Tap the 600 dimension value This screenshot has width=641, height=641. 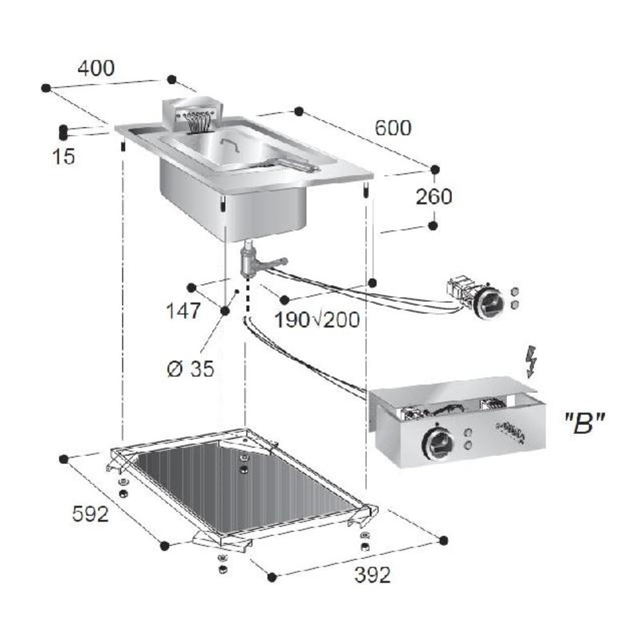(x=393, y=128)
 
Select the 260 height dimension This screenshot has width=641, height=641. (x=433, y=197)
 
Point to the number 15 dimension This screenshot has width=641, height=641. (x=64, y=156)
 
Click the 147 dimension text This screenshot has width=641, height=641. (x=184, y=312)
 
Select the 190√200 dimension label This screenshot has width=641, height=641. (x=317, y=319)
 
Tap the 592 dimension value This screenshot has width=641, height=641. (x=90, y=513)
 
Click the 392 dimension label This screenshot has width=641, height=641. (x=372, y=576)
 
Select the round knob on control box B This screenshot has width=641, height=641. (x=438, y=443)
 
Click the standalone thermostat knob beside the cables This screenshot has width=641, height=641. (x=490, y=302)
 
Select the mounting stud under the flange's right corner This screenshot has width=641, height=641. (x=365, y=192)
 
